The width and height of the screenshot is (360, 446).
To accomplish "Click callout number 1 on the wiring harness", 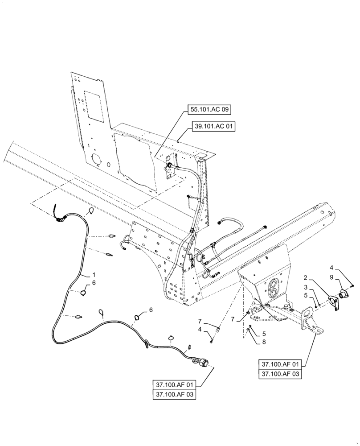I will click(x=94, y=274).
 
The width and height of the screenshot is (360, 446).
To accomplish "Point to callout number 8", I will click(x=252, y=343).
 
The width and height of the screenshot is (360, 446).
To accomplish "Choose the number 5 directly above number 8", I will click(x=252, y=333).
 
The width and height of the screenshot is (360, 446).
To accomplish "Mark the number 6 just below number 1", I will click(x=94, y=283).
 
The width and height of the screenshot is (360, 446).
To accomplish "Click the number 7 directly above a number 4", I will click(x=200, y=321).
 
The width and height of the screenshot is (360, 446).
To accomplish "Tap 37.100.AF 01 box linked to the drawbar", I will click(x=279, y=364).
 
